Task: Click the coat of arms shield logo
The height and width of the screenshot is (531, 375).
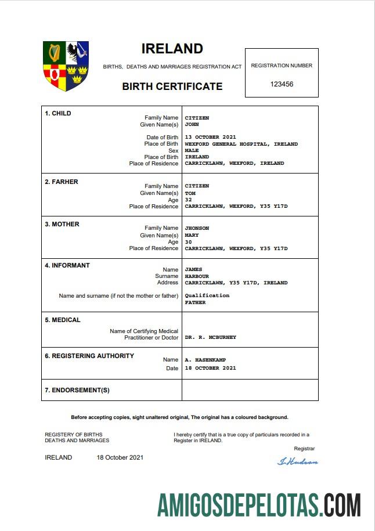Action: pyautogui.click(x=66, y=66)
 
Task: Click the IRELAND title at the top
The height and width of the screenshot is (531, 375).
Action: pyautogui.click(x=172, y=49)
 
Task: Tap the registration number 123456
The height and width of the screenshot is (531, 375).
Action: pyautogui.click(x=282, y=84)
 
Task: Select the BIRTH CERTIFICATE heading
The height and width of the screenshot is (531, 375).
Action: pyautogui.click(x=172, y=86)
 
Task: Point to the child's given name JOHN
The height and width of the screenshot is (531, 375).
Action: pyautogui.click(x=192, y=124)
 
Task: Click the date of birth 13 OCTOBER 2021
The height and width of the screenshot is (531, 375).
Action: pyautogui.click(x=210, y=137)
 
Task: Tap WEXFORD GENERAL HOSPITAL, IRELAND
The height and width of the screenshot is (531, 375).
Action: pyautogui.click(x=241, y=144)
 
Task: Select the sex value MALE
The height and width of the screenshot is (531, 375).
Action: pyautogui.click(x=192, y=150)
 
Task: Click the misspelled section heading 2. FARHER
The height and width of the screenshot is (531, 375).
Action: pyautogui.click(x=62, y=182)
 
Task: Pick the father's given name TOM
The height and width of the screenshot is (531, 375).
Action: pyautogui.click(x=190, y=193)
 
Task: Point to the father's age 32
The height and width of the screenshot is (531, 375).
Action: pyautogui.click(x=188, y=200)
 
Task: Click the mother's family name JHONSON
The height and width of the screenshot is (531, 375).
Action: pyautogui.click(x=197, y=228)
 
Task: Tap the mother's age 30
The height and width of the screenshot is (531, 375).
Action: pyautogui.click(x=188, y=242)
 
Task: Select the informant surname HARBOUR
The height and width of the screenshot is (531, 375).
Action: pyautogui.click(x=197, y=276)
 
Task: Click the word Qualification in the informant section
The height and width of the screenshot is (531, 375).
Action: pyautogui.click(x=207, y=295)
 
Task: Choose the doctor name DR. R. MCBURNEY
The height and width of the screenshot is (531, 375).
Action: pyautogui.click(x=210, y=337)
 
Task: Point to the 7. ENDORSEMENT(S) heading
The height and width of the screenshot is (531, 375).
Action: pyautogui.click(x=77, y=390)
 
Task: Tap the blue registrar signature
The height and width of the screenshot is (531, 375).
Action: pyautogui.click(x=298, y=462)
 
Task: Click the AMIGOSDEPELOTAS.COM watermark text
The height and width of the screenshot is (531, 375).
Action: pyautogui.click(x=259, y=505)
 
